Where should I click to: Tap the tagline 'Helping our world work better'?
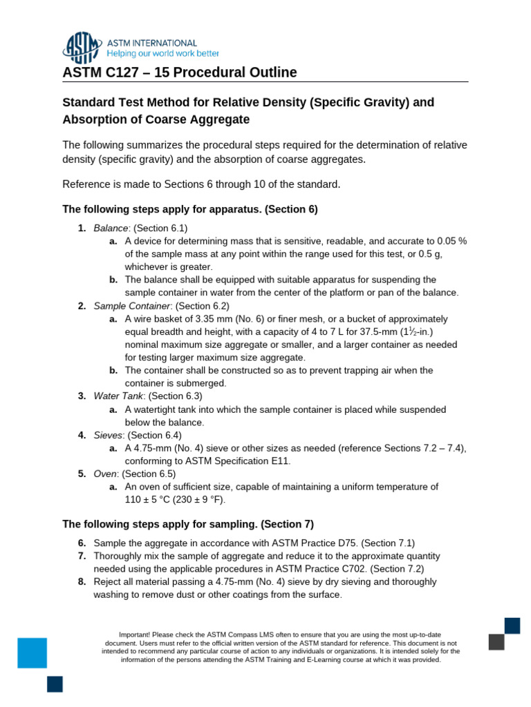click(x=163, y=53)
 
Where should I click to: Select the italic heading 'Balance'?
click(x=111, y=228)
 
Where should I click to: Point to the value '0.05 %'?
click(x=452, y=241)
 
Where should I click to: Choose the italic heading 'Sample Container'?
click(x=131, y=305)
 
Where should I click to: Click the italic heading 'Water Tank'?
click(x=119, y=396)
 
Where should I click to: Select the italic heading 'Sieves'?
click(x=108, y=435)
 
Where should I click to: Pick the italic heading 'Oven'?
click(x=105, y=474)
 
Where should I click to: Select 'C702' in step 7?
click(x=357, y=568)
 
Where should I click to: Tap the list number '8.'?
click(x=82, y=581)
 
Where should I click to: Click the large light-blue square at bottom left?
click(x=32, y=652)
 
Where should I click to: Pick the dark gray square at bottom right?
click(x=496, y=641)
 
